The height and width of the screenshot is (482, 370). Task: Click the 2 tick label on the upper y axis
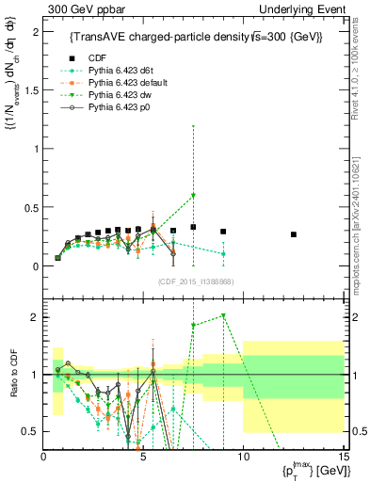pos(37,32)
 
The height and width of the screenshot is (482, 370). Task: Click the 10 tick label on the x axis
pos(243,457)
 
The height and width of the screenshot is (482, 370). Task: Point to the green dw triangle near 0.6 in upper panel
pos(193,195)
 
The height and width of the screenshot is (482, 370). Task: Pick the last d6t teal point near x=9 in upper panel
pos(223,253)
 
